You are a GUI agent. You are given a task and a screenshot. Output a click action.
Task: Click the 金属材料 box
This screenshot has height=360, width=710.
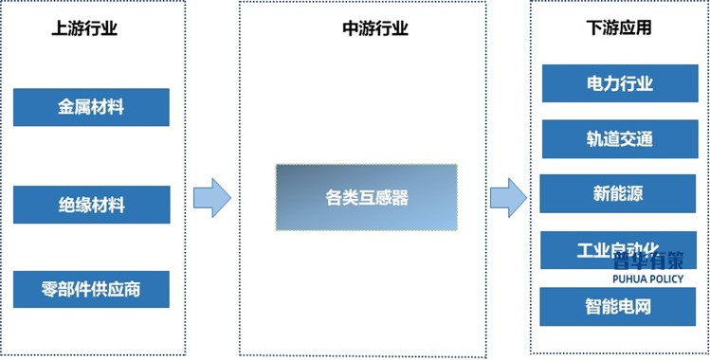(x=91, y=107)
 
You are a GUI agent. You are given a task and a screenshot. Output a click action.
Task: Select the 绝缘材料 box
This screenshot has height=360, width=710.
(x=91, y=205)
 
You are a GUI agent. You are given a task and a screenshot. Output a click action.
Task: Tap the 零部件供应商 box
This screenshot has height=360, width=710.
(x=91, y=289)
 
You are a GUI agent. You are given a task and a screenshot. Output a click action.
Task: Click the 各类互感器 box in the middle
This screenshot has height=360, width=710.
(x=366, y=198)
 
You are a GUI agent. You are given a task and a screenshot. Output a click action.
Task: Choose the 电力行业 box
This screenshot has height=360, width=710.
(x=619, y=83)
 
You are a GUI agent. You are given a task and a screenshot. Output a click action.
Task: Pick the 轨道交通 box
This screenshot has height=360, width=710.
(x=619, y=139)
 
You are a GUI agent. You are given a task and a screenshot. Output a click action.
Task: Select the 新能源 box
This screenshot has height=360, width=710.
(x=617, y=194)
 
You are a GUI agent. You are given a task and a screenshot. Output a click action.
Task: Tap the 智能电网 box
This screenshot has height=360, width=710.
(x=618, y=307)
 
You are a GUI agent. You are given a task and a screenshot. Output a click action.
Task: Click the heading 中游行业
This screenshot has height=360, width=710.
(x=374, y=29)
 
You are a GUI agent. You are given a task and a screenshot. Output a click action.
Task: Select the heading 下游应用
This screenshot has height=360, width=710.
(x=619, y=29)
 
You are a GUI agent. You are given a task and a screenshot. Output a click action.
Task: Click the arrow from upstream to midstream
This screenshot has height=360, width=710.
(x=212, y=197)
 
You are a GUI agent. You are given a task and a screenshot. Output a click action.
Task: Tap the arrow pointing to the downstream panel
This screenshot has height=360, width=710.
(x=508, y=197)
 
